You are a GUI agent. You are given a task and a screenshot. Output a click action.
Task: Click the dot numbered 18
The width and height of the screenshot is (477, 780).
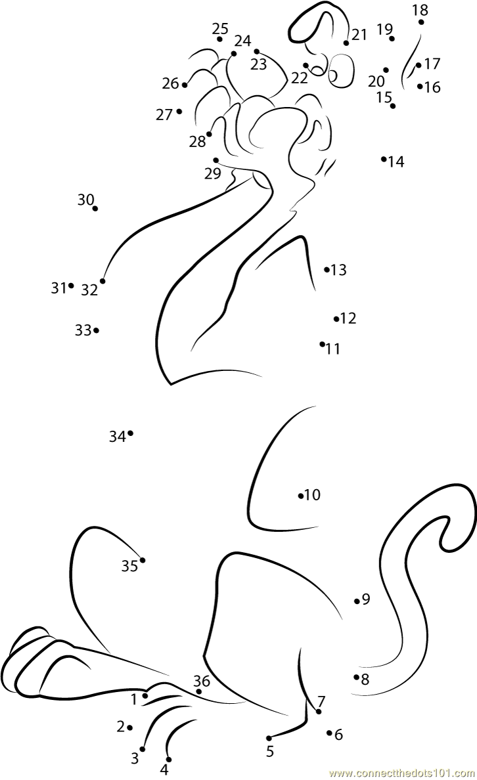point(421,22)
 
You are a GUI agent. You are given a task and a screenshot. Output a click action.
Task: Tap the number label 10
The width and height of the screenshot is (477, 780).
point(313,495)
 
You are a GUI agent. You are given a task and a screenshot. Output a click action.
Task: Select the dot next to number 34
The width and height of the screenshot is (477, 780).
point(130,433)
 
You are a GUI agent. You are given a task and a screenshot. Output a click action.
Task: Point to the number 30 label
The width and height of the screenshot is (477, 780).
point(85,200)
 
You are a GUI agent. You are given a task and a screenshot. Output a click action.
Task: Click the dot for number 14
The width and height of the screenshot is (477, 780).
point(384,159)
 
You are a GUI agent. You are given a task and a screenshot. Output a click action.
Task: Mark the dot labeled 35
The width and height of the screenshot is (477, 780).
point(143,560)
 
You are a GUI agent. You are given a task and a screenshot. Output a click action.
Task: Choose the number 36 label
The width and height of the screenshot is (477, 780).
point(202,681)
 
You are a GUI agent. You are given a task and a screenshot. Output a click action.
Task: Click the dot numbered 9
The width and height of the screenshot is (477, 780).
point(357,601)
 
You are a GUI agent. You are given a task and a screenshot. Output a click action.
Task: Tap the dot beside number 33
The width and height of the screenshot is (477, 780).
point(96,330)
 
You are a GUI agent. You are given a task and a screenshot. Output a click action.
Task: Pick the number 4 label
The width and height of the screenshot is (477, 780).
point(164,769)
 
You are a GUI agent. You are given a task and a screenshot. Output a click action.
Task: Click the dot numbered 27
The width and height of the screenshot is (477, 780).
point(179,112)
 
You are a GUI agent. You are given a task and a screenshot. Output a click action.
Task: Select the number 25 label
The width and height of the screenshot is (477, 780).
point(220,28)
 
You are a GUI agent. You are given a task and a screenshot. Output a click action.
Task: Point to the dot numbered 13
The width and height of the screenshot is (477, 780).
point(327,269)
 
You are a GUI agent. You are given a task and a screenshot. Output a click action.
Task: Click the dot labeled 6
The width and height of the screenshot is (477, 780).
point(329,733)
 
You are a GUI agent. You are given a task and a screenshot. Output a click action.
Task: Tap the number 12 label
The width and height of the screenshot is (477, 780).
point(348,318)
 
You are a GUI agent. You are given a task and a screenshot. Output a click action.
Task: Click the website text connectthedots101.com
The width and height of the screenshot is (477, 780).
point(402,773)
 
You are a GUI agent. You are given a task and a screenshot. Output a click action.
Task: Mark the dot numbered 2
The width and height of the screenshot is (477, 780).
point(129,727)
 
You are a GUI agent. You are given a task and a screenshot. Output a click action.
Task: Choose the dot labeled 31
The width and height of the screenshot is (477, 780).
point(71,286)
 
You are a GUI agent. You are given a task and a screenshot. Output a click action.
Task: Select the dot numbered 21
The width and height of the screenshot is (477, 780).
point(346,43)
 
